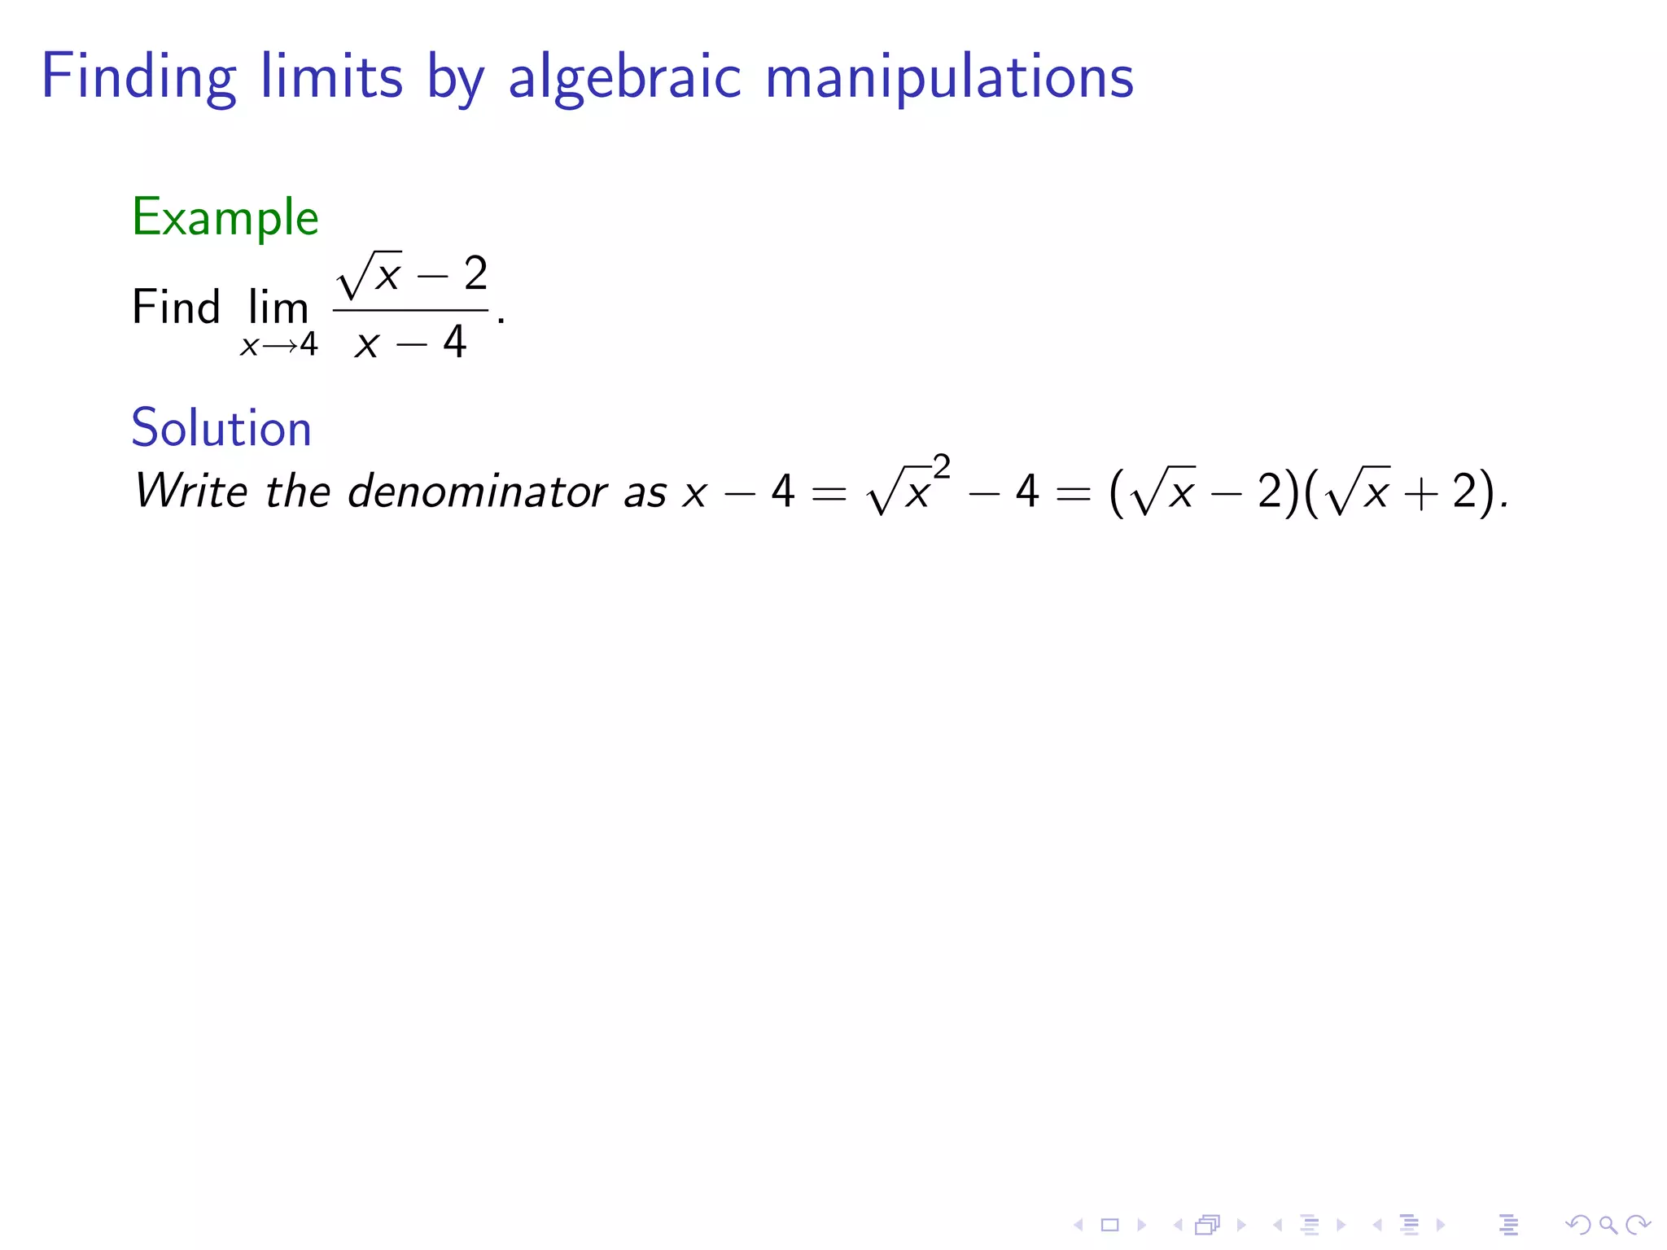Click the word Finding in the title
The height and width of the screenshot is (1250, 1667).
pyautogui.click(x=138, y=77)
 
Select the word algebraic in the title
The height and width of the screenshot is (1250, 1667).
pyautogui.click(x=624, y=77)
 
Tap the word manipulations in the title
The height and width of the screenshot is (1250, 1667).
pyautogui.click(x=949, y=77)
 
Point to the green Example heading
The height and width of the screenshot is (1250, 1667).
pyautogui.click(x=225, y=217)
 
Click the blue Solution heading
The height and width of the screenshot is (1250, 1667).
pyautogui.click(x=221, y=428)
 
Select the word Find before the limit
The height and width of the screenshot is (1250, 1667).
pyautogui.click(x=176, y=308)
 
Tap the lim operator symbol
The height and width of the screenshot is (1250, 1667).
pyautogui.click(x=278, y=308)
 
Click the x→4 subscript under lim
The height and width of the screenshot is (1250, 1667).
pyautogui.click(x=278, y=345)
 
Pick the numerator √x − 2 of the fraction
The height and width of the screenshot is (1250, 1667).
pyautogui.click(x=412, y=274)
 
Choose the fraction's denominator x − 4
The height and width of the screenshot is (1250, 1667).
pyautogui.click(x=411, y=343)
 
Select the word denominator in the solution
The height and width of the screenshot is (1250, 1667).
pyautogui.click(x=478, y=492)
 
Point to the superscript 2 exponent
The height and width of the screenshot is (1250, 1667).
pyautogui.click(x=942, y=467)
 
